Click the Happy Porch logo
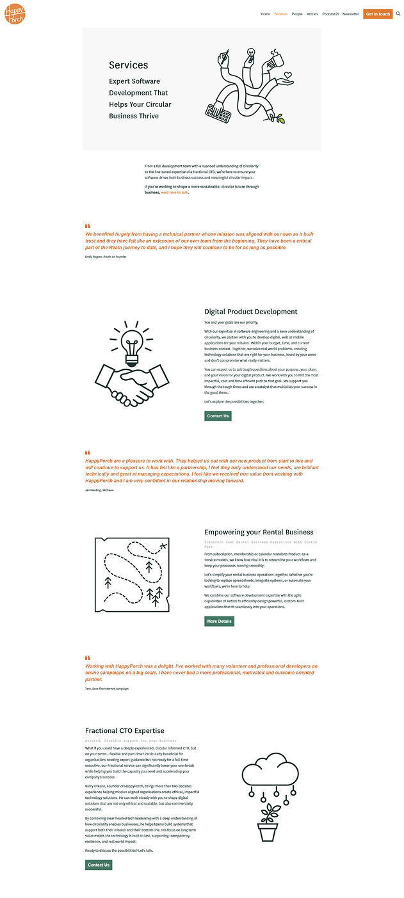pyautogui.click(x=14, y=13)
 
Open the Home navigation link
pyautogui.click(x=265, y=14)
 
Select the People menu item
pyautogui.click(x=297, y=14)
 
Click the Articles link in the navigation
pyautogui.click(x=312, y=14)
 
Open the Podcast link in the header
pyautogui.click(x=330, y=14)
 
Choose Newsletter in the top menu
pyautogui.click(x=351, y=14)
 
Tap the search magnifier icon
pyautogui.click(x=398, y=13)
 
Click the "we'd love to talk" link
pyautogui.click(x=175, y=192)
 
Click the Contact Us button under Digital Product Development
pyautogui.click(x=218, y=416)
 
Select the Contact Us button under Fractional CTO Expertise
pyautogui.click(x=99, y=865)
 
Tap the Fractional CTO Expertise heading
pyautogui.click(x=125, y=730)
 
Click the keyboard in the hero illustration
pyautogui.click(x=218, y=113)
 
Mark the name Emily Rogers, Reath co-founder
pyautogui.click(x=106, y=257)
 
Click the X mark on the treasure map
pyautogui.click(x=163, y=545)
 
